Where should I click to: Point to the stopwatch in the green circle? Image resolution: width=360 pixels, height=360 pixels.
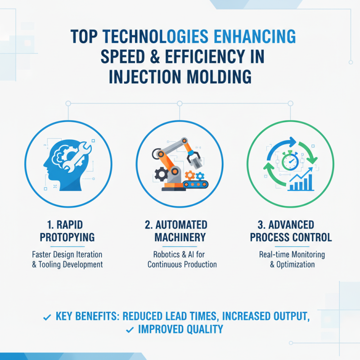tap(290, 161)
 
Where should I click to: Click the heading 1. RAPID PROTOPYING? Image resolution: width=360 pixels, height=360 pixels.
tap(67, 230)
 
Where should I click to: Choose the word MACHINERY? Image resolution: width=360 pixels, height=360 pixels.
tap(180, 237)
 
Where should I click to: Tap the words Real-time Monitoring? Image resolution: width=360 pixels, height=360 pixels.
tap(292, 254)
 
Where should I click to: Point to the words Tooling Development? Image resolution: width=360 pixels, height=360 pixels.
tap(72, 264)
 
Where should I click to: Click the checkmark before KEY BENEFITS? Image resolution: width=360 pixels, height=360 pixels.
tap(46, 317)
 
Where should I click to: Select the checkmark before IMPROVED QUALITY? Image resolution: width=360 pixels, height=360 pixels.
tap(130, 330)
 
